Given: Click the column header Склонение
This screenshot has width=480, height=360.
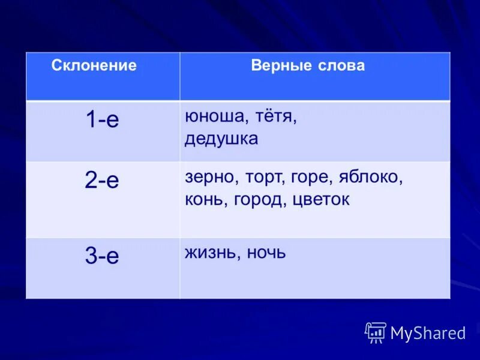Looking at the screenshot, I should pos(94,65).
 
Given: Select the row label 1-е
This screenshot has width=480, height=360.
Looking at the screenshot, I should pos(102,120).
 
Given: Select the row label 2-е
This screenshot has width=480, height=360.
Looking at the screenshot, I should pos(102,180).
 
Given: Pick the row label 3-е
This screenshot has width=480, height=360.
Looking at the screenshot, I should pos(102,256).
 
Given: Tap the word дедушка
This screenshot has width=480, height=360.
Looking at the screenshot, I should pos(221,139).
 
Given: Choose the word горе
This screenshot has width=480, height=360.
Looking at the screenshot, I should pos(309,178).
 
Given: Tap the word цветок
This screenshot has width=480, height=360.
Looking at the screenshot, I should pos(320,199).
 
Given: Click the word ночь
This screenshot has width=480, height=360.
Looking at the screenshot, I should pos(265,253).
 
